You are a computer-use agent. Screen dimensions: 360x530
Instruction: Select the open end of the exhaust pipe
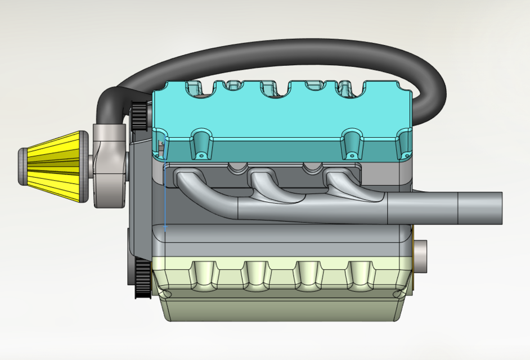(498, 208)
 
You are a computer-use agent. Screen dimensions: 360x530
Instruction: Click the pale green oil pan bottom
(281, 307)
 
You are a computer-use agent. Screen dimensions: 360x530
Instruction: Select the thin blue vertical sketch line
(165, 197)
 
